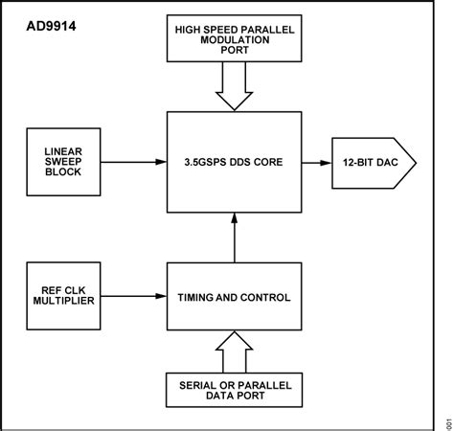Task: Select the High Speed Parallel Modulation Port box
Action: click(x=235, y=37)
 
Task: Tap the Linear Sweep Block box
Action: click(x=61, y=164)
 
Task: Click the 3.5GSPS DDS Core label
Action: click(x=235, y=164)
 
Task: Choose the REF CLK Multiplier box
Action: click(x=61, y=298)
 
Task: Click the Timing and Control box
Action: click(x=235, y=298)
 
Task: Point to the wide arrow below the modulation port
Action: click(x=235, y=88)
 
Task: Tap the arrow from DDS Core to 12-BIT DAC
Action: click(x=317, y=164)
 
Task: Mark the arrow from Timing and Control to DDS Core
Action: click(x=235, y=239)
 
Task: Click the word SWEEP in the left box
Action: click(x=61, y=164)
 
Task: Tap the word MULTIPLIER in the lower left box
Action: click(x=61, y=305)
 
